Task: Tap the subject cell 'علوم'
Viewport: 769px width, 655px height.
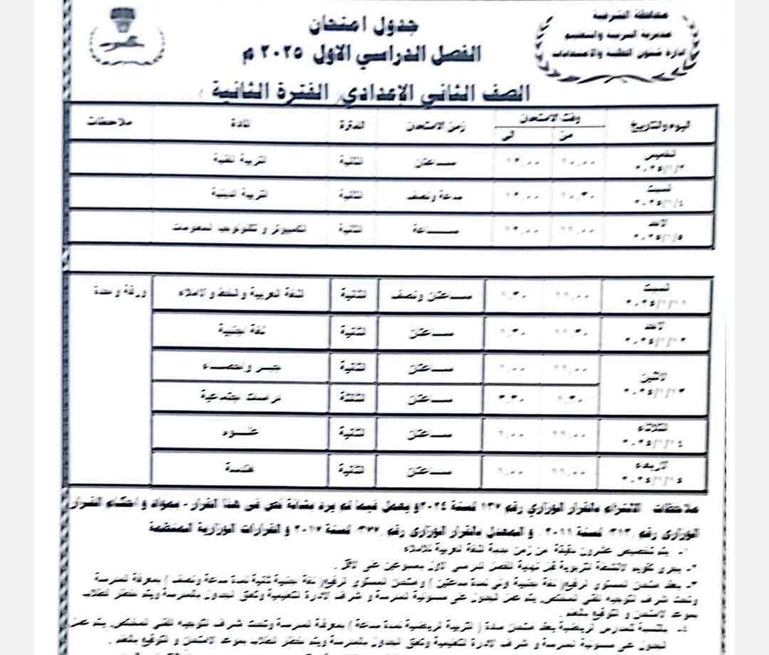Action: point(240,432)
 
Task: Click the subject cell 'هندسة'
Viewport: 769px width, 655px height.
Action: point(240,467)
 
